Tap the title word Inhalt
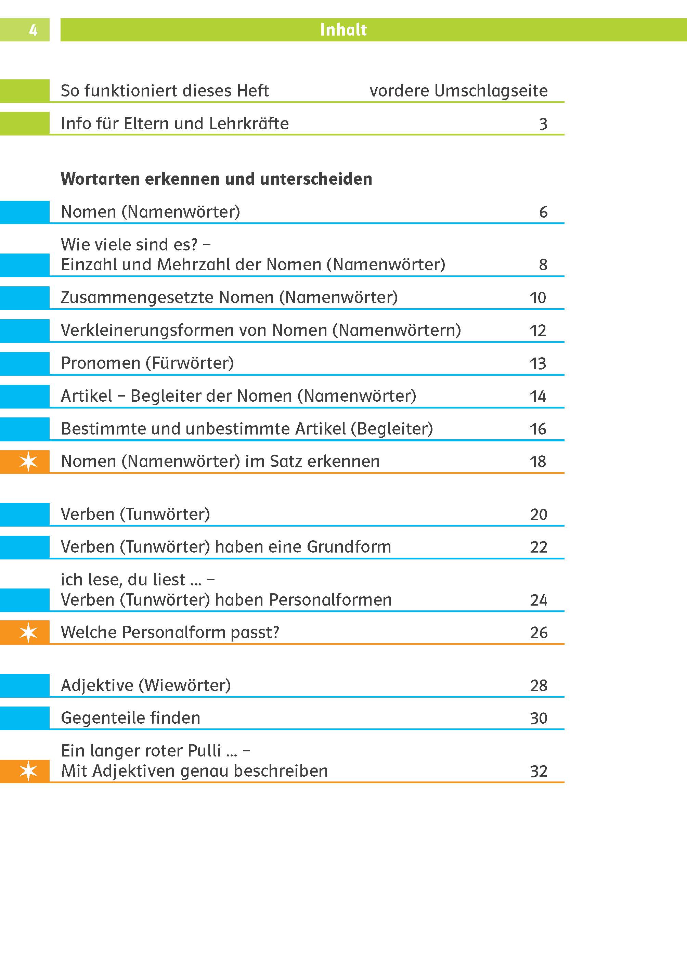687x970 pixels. click(x=343, y=30)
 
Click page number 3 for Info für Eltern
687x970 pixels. click(x=543, y=124)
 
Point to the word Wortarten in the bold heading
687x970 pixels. click(x=100, y=179)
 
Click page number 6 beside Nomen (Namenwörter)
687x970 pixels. click(x=543, y=212)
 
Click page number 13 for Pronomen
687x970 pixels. click(x=538, y=363)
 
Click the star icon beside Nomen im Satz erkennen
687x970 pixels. click(x=28, y=462)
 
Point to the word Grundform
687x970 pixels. click(x=349, y=547)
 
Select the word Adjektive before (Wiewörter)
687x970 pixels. click(x=97, y=685)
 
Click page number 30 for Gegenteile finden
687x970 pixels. click(x=538, y=718)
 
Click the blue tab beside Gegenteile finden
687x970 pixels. click(x=25, y=718)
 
